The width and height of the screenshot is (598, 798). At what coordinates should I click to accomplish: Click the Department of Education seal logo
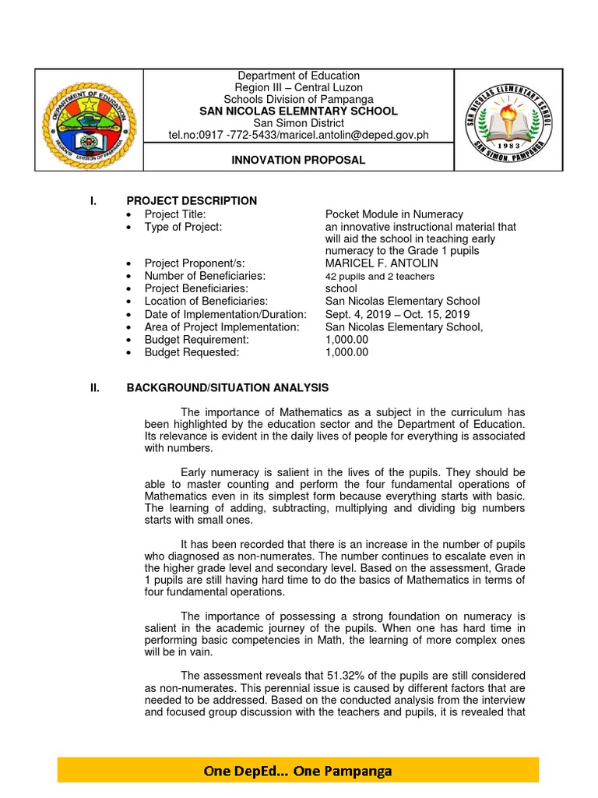coord(90,121)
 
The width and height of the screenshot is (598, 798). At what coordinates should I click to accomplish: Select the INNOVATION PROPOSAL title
coord(298,160)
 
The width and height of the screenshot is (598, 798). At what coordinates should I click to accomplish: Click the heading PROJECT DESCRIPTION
coord(192,201)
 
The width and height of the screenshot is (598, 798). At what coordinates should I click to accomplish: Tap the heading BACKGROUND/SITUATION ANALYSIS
coord(227,387)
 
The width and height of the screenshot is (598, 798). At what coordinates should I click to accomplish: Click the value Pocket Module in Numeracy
coord(394,214)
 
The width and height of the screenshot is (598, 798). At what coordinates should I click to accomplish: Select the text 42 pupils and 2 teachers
coord(380,277)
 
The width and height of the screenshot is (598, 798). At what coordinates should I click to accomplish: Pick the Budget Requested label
coord(192,352)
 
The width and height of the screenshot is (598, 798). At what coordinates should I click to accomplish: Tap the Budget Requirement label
coord(196,340)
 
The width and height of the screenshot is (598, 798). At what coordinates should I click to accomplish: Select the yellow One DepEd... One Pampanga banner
coord(298,771)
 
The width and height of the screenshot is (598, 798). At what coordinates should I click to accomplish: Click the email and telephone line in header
coord(298,135)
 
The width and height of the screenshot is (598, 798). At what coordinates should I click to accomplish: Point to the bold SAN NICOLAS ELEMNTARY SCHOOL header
coord(298,111)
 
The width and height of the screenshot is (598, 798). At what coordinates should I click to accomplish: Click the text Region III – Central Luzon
coord(298,87)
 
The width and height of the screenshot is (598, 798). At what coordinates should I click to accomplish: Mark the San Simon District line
coord(298,123)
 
